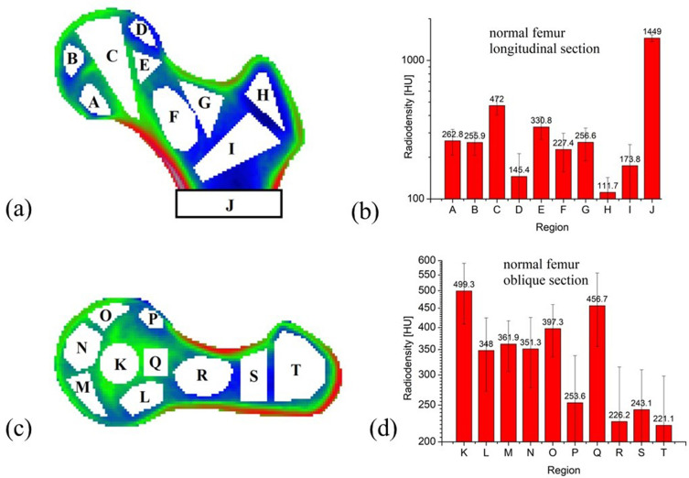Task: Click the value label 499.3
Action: point(465,285)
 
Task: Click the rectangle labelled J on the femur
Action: point(229,204)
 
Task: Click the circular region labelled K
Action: point(120,364)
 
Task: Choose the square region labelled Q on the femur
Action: point(156,362)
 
